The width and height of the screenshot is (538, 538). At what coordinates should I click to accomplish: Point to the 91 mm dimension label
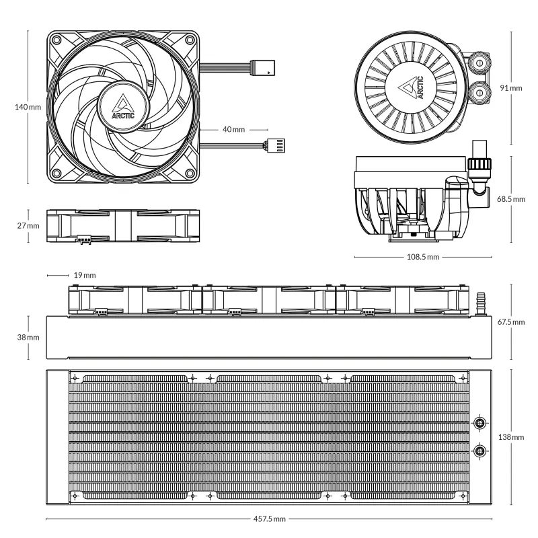[x=512, y=88]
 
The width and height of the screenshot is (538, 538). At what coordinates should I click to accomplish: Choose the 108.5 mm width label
[x=422, y=257]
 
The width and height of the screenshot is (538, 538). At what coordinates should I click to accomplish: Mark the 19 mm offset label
[x=85, y=275]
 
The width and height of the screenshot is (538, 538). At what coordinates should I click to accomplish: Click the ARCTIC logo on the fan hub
[x=124, y=106]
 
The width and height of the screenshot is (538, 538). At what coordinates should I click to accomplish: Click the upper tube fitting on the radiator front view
[x=480, y=423]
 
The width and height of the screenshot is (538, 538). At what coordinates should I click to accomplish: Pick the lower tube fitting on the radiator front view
[x=480, y=451]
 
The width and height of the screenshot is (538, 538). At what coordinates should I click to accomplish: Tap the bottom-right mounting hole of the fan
[x=190, y=171]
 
